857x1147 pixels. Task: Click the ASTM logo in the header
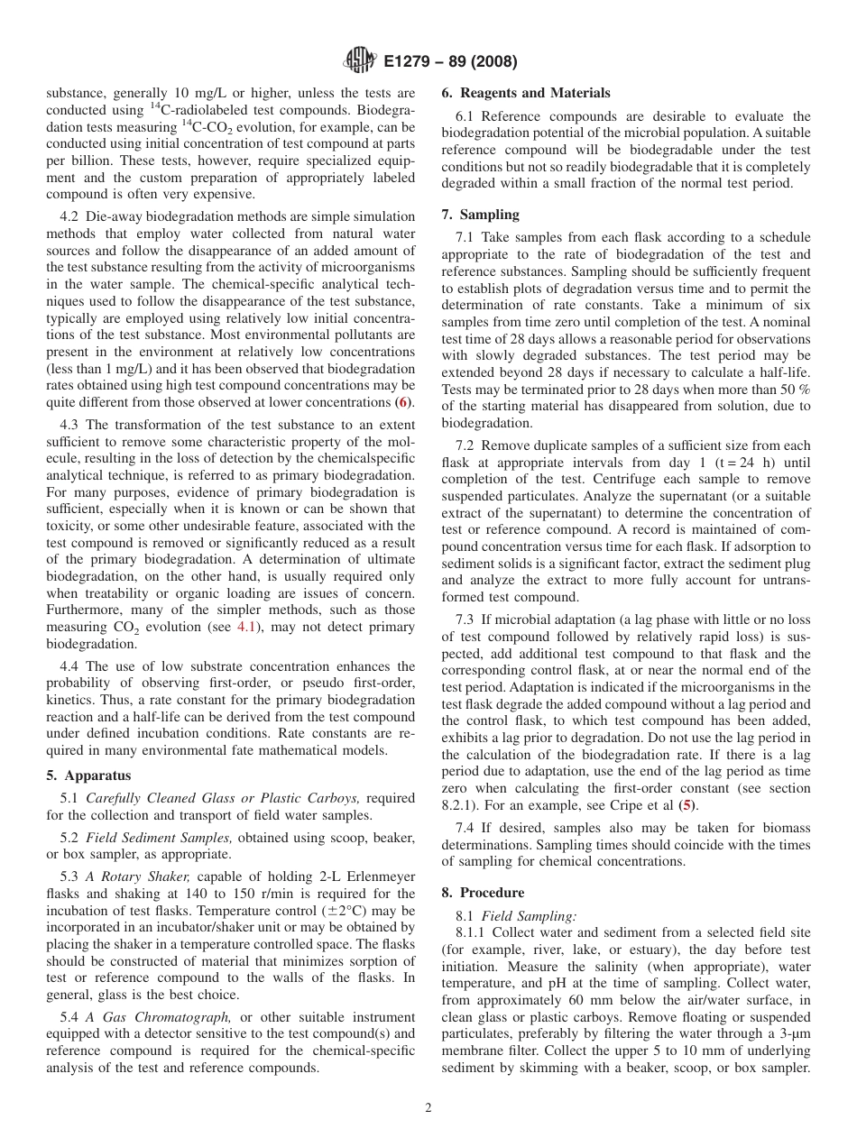pyautogui.click(x=360, y=62)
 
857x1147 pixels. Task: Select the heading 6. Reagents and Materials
pyautogui.click(x=525, y=93)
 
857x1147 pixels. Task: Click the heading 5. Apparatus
pyautogui.click(x=88, y=775)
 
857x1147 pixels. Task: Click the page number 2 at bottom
pyautogui.click(x=428, y=1108)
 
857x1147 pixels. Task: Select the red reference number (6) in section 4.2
pyautogui.click(x=403, y=402)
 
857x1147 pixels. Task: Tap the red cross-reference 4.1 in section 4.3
pyautogui.click(x=246, y=626)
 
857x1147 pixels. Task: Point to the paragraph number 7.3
pyautogui.click(x=465, y=619)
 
